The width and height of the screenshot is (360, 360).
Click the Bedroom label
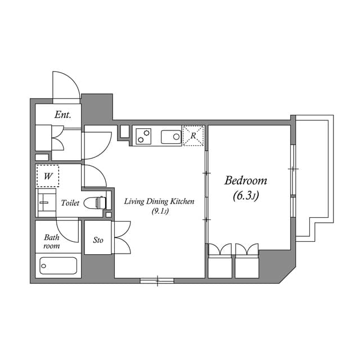246,181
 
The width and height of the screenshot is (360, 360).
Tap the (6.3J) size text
245,196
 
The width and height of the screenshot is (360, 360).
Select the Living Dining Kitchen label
159,201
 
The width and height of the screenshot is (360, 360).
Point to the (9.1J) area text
160,211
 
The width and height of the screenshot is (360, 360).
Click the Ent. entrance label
62,115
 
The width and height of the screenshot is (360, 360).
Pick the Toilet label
70,202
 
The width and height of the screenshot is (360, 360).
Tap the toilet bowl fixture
97,202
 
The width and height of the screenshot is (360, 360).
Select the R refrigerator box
193,136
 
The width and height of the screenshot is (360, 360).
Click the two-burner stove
144,136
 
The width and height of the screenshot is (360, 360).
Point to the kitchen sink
171,136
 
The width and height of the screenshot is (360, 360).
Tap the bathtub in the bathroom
58,265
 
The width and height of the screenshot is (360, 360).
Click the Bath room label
52,241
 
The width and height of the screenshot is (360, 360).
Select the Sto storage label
98,240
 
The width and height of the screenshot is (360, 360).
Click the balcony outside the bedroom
314,169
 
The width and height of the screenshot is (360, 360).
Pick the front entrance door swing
66,88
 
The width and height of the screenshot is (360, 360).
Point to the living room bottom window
157,280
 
